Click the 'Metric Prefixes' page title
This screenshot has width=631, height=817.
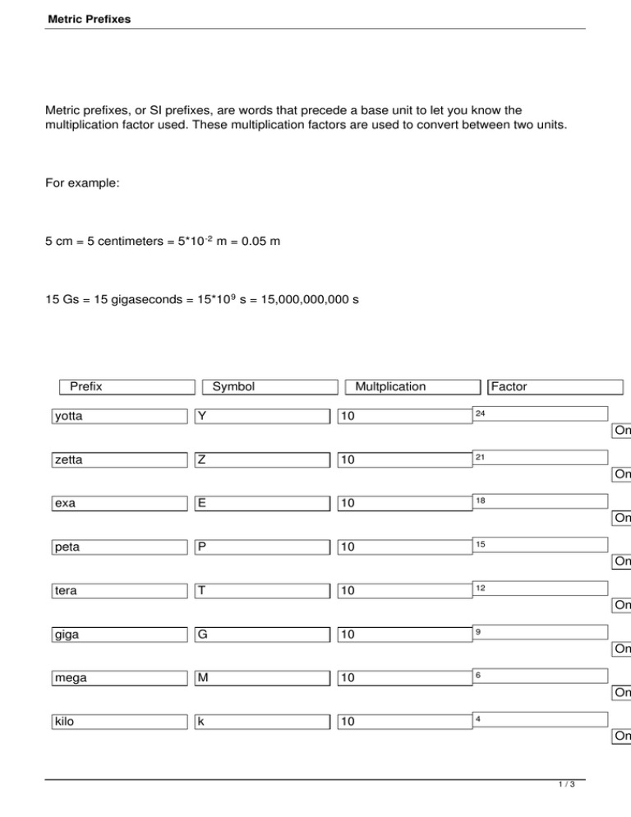pos(89,17)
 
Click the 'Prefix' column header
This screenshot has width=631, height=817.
pos(86,386)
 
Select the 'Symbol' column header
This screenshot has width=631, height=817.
pos(233,386)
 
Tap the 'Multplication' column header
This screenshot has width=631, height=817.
pos(390,386)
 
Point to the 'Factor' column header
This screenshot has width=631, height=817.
pos(509,386)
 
